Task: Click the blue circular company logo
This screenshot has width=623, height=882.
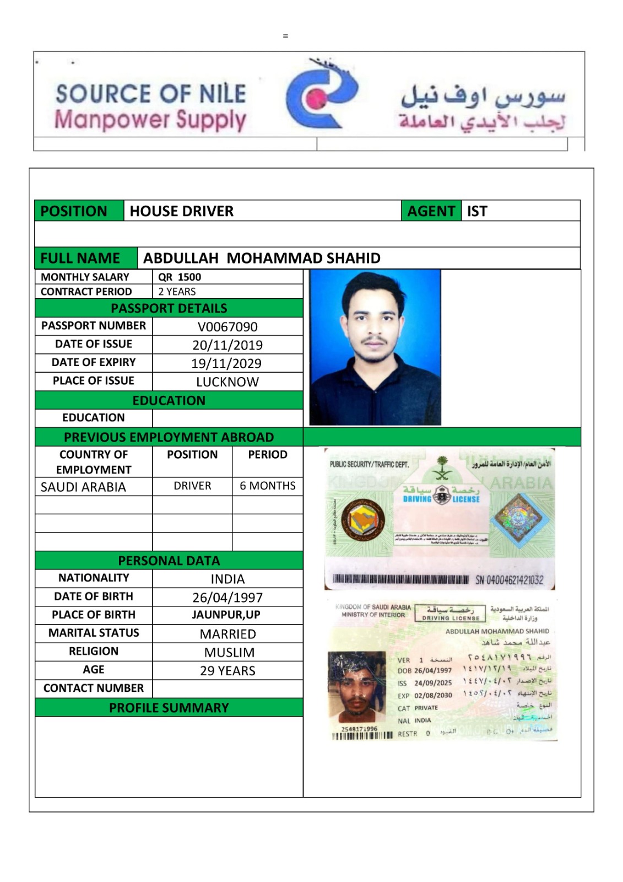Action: tap(321, 96)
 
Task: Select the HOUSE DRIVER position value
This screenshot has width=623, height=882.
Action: tap(181, 211)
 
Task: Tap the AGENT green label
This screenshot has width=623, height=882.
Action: tap(431, 211)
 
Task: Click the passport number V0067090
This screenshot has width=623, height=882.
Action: tap(227, 327)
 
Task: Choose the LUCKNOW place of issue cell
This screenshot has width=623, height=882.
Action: tap(227, 382)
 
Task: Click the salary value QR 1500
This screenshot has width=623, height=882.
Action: tap(180, 277)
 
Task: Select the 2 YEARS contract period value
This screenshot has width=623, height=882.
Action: tap(177, 292)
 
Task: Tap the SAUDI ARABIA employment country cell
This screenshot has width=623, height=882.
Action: tap(83, 487)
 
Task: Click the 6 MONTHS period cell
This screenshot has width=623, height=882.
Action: tap(267, 486)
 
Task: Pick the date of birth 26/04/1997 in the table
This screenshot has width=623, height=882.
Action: tap(227, 598)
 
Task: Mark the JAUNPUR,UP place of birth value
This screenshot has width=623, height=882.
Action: tap(226, 615)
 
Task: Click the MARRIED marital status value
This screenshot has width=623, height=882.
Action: tap(227, 634)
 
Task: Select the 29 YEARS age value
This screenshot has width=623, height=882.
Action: tap(227, 671)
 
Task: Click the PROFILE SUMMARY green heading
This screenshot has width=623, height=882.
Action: tap(169, 708)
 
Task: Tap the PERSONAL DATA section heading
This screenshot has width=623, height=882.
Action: tap(169, 561)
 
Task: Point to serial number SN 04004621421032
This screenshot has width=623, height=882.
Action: tap(509, 580)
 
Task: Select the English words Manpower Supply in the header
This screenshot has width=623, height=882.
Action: tap(150, 120)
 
